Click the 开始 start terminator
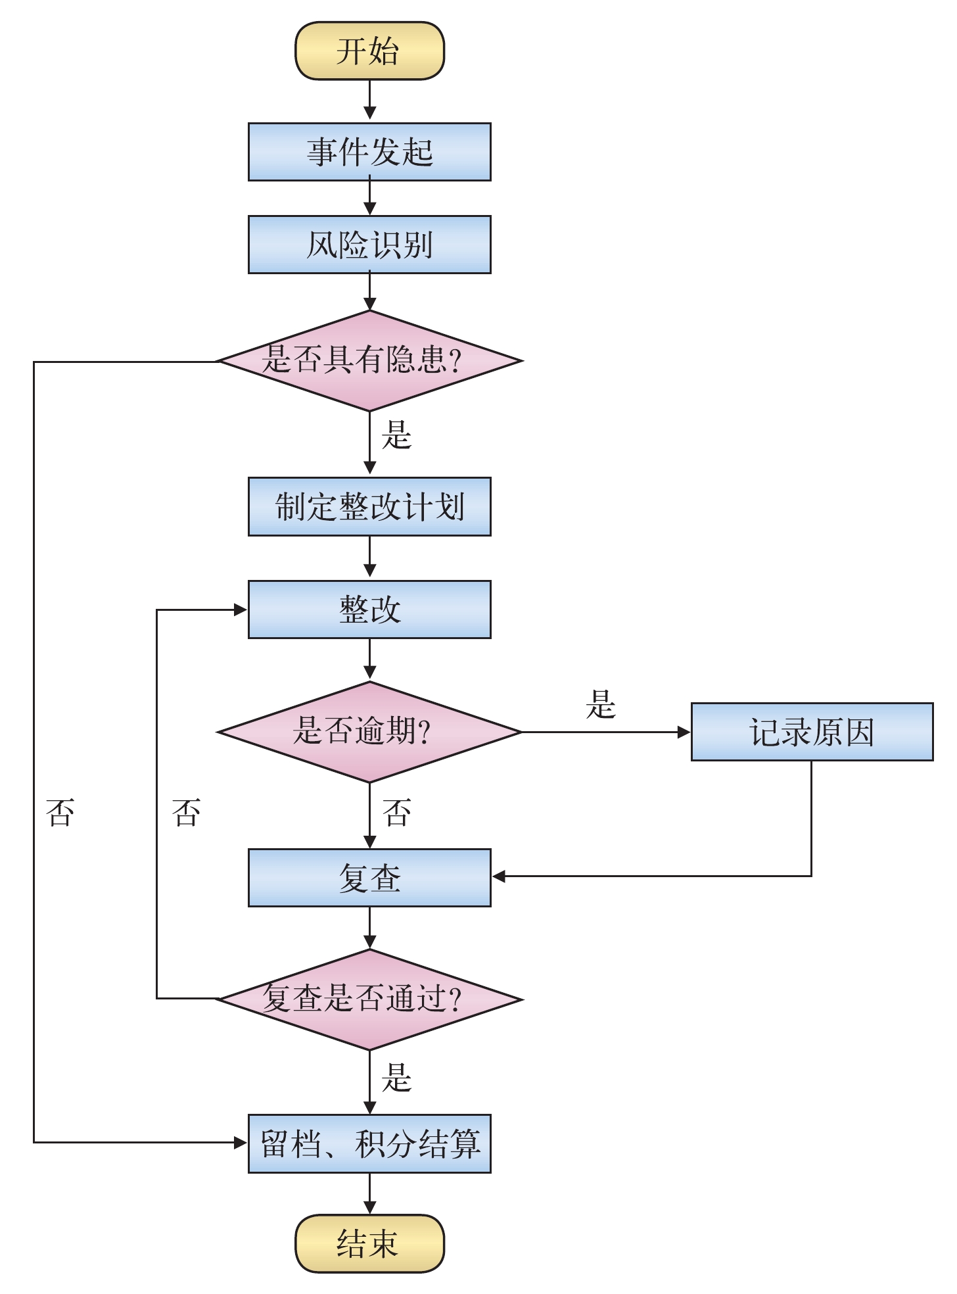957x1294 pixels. click(x=369, y=51)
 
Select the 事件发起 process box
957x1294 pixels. click(x=369, y=152)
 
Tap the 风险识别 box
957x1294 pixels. click(x=369, y=245)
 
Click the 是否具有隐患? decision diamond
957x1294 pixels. click(x=369, y=360)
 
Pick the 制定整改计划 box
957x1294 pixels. click(x=369, y=507)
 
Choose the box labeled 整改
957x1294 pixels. click(x=369, y=610)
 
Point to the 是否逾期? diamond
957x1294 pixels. click(x=369, y=731)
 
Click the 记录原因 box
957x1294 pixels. click(x=812, y=732)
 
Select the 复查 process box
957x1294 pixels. click(x=369, y=878)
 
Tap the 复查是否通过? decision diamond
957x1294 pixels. click(x=369, y=999)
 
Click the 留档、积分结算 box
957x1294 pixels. click(x=369, y=1143)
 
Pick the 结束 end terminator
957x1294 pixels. click(x=369, y=1243)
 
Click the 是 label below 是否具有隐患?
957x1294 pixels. click(x=396, y=435)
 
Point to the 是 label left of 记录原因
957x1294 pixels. click(x=600, y=705)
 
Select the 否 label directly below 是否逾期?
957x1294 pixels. click(x=396, y=813)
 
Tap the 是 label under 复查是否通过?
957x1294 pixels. click(x=396, y=1078)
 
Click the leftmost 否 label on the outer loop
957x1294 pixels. click(x=60, y=813)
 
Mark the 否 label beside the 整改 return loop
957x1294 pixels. click(x=186, y=813)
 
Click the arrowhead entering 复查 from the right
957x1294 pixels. click(x=499, y=876)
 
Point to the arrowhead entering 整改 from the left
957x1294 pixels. click(x=241, y=610)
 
